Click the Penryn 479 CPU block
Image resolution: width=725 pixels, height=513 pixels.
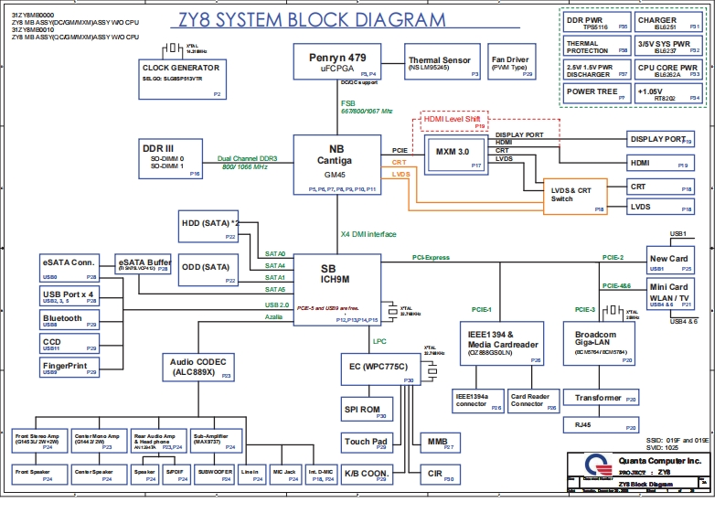344,62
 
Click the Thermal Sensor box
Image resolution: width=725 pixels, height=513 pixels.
439,63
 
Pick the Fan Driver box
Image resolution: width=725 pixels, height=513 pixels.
509,63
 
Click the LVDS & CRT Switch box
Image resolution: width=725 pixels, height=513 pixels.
575,196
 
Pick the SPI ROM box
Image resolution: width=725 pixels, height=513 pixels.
364,411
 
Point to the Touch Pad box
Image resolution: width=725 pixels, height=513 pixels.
364,444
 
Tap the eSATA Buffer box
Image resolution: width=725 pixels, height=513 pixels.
144,263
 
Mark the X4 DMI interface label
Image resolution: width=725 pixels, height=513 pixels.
368,233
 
